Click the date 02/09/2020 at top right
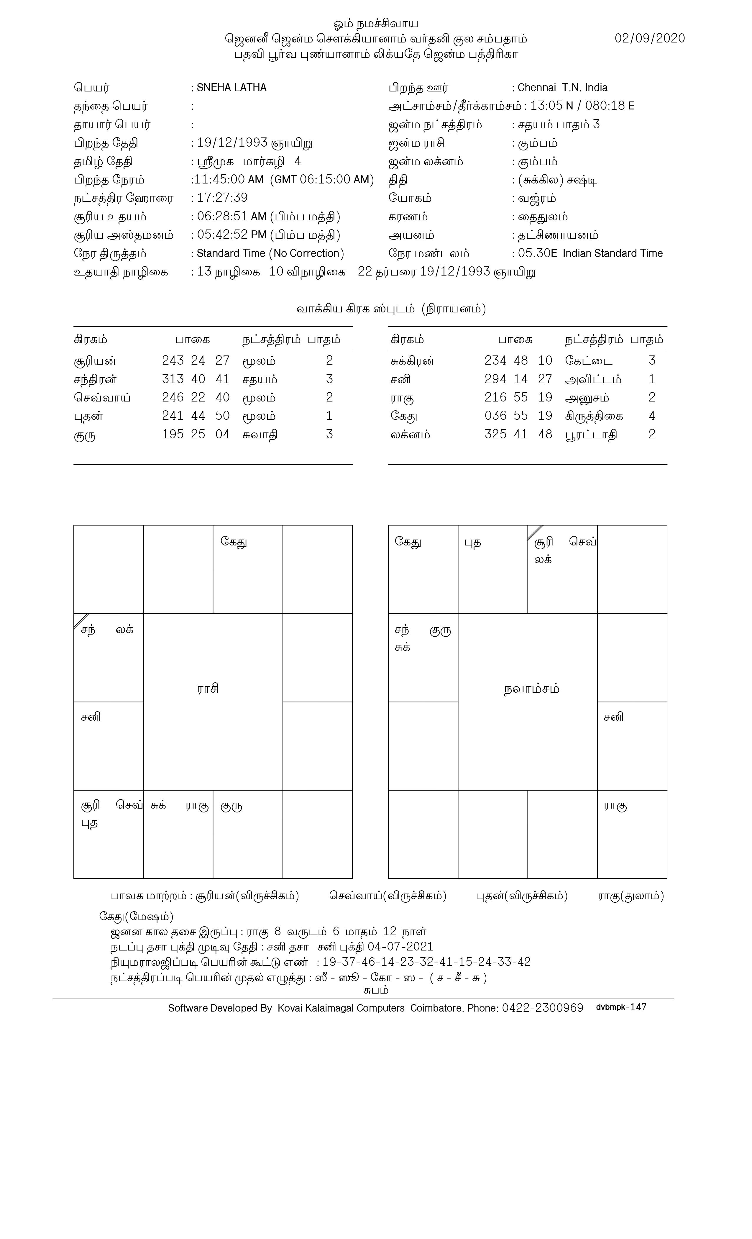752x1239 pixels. [x=649, y=39]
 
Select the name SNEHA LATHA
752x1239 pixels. [x=231, y=88]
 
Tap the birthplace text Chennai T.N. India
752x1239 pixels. [x=562, y=88]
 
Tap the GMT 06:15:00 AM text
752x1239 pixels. [x=322, y=180]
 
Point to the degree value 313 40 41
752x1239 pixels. [x=196, y=379]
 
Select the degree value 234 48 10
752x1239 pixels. [x=518, y=360]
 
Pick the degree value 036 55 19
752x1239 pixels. [x=518, y=416]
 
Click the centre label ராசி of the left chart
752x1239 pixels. [x=208, y=689]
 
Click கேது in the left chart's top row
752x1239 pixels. [x=234, y=542]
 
